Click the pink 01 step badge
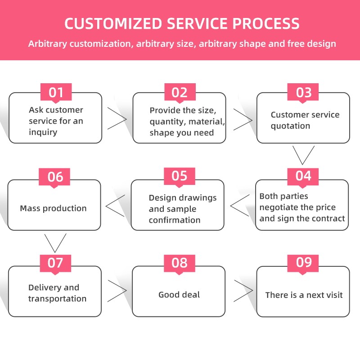tap(56, 93)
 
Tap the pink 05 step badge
tap(180, 176)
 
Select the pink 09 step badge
tap(304, 262)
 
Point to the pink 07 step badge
tap(56, 262)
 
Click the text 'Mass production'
tap(53, 208)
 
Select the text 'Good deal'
tap(179, 295)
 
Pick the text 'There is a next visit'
tap(304, 295)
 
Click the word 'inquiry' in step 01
tap(43, 132)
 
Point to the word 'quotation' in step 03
tap(290, 126)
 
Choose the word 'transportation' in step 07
tap(57, 299)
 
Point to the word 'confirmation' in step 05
tap(175, 220)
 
